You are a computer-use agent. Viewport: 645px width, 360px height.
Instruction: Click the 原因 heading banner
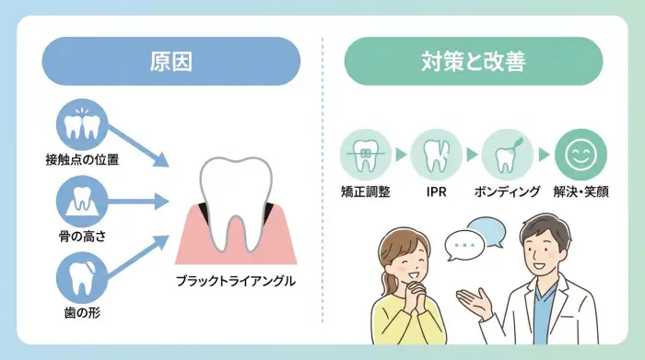pos(170,62)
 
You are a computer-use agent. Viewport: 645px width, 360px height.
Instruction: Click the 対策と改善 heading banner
pos(473,62)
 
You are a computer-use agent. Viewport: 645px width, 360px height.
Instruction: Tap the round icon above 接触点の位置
pos(85,126)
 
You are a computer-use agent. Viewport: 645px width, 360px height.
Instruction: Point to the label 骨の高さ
pos(82,237)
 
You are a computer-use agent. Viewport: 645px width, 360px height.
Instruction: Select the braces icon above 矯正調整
pos(366,155)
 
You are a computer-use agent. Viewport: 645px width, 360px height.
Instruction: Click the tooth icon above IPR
pos(436,155)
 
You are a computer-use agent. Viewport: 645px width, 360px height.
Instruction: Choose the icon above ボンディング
pos(506,155)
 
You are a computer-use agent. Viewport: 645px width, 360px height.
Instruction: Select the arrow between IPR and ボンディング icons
pos(471,155)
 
